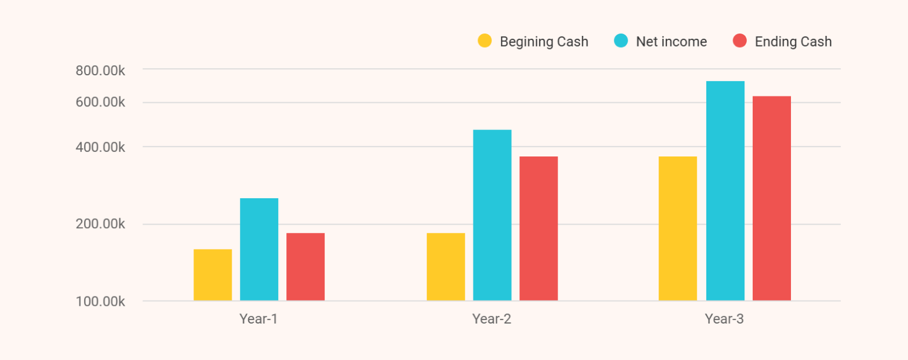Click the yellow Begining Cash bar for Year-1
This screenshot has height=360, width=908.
click(212, 275)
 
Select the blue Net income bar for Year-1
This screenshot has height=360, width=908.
click(259, 249)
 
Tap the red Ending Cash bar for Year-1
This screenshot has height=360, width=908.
click(305, 266)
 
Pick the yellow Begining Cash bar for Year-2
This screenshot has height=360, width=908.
click(446, 266)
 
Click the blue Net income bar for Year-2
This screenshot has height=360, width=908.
click(492, 215)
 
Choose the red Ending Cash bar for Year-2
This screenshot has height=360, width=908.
click(539, 228)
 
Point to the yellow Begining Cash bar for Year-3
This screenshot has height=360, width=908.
click(677, 228)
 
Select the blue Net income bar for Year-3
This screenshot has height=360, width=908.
click(725, 191)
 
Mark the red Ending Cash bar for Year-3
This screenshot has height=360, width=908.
click(772, 198)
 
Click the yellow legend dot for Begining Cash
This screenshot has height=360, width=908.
click(485, 41)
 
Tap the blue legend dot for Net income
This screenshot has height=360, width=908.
click(621, 41)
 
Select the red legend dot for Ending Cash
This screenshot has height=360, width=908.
click(740, 41)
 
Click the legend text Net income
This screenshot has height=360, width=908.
click(671, 42)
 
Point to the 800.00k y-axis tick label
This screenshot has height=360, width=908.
click(101, 71)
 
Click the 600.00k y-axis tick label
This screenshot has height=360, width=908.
click(101, 102)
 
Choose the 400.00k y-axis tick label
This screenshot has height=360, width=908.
click(101, 146)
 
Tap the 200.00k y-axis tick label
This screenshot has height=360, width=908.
click(101, 224)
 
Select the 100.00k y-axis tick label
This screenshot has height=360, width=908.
click(101, 301)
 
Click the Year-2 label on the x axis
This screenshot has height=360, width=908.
click(492, 319)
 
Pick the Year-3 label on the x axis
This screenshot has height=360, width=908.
click(725, 319)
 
